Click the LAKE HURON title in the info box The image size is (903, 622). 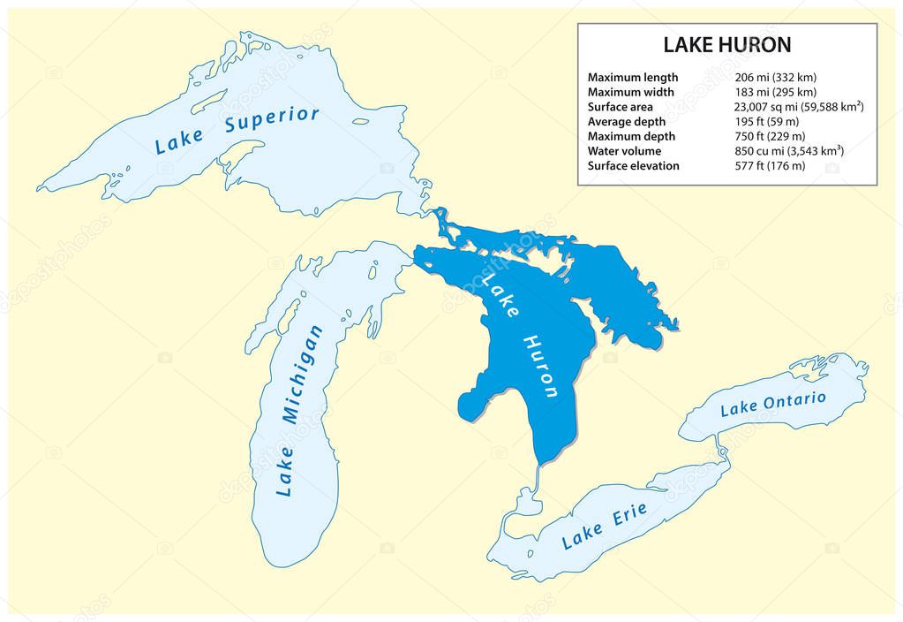726,44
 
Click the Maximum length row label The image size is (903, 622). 632,77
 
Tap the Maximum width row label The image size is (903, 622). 630,92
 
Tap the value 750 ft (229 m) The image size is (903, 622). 769,137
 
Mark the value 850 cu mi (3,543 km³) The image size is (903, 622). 788,151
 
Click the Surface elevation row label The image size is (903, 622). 633,166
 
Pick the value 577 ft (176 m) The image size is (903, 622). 769,166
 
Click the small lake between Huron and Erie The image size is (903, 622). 527,504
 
